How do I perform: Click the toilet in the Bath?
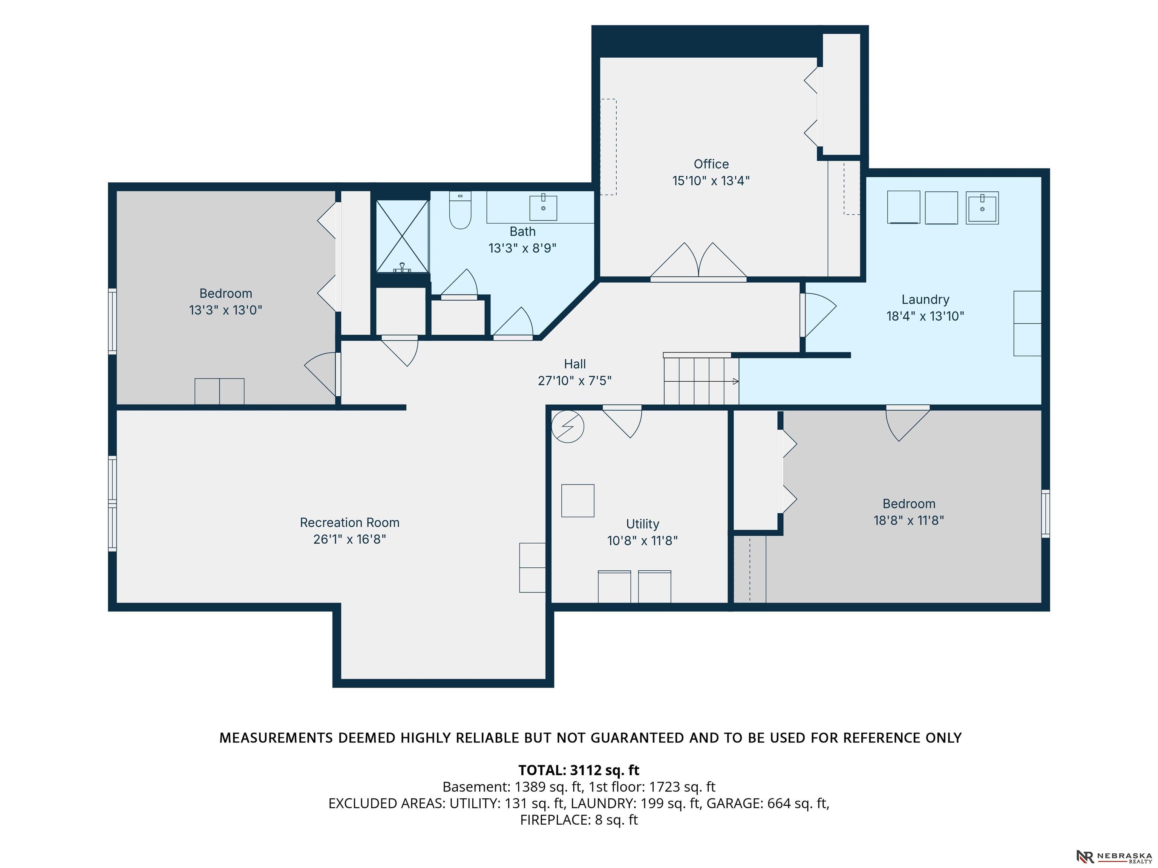tap(460, 210)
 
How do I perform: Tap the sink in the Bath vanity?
tap(543, 207)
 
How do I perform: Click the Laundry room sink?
tap(982, 208)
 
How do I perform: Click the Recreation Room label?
tap(350, 523)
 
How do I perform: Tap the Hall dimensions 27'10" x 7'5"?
tap(575, 381)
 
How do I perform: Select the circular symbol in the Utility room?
tap(567, 427)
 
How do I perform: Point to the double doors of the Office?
tap(698, 261)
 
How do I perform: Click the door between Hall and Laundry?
tap(817, 315)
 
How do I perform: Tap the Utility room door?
tap(622, 421)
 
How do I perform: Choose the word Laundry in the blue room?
tap(925, 300)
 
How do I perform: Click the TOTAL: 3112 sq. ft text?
tap(579, 770)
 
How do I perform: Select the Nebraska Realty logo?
tap(1114, 856)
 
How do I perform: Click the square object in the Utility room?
tap(578, 501)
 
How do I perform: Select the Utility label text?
tap(642, 524)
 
